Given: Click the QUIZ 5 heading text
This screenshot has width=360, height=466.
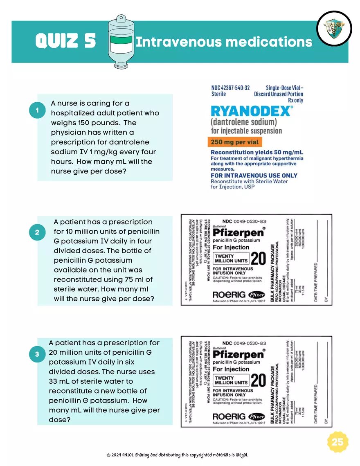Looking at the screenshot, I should [65, 41].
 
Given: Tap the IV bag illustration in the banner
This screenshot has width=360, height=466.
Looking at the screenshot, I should [121, 41].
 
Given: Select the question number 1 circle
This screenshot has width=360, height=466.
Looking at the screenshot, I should [37, 110].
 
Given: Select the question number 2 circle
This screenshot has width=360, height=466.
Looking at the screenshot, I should [37, 232].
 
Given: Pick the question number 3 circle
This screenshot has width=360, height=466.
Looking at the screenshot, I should [37, 355].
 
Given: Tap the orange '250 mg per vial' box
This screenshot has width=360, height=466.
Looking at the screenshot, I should [234, 142].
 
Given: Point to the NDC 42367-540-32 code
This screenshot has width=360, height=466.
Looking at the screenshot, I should [230, 88].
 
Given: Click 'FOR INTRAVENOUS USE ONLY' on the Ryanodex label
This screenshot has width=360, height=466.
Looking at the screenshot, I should [254, 175].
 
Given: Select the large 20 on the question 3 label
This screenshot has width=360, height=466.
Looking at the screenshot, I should [258, 380].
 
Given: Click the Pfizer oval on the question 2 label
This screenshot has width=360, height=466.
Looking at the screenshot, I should [254, 294].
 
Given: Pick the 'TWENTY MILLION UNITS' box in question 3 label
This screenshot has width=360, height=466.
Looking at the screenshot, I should [231, 381].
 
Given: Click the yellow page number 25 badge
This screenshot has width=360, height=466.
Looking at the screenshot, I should [337, 442].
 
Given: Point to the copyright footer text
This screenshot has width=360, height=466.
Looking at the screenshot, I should [177, 455].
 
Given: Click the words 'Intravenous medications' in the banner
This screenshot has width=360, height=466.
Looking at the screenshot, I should [224, 42].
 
